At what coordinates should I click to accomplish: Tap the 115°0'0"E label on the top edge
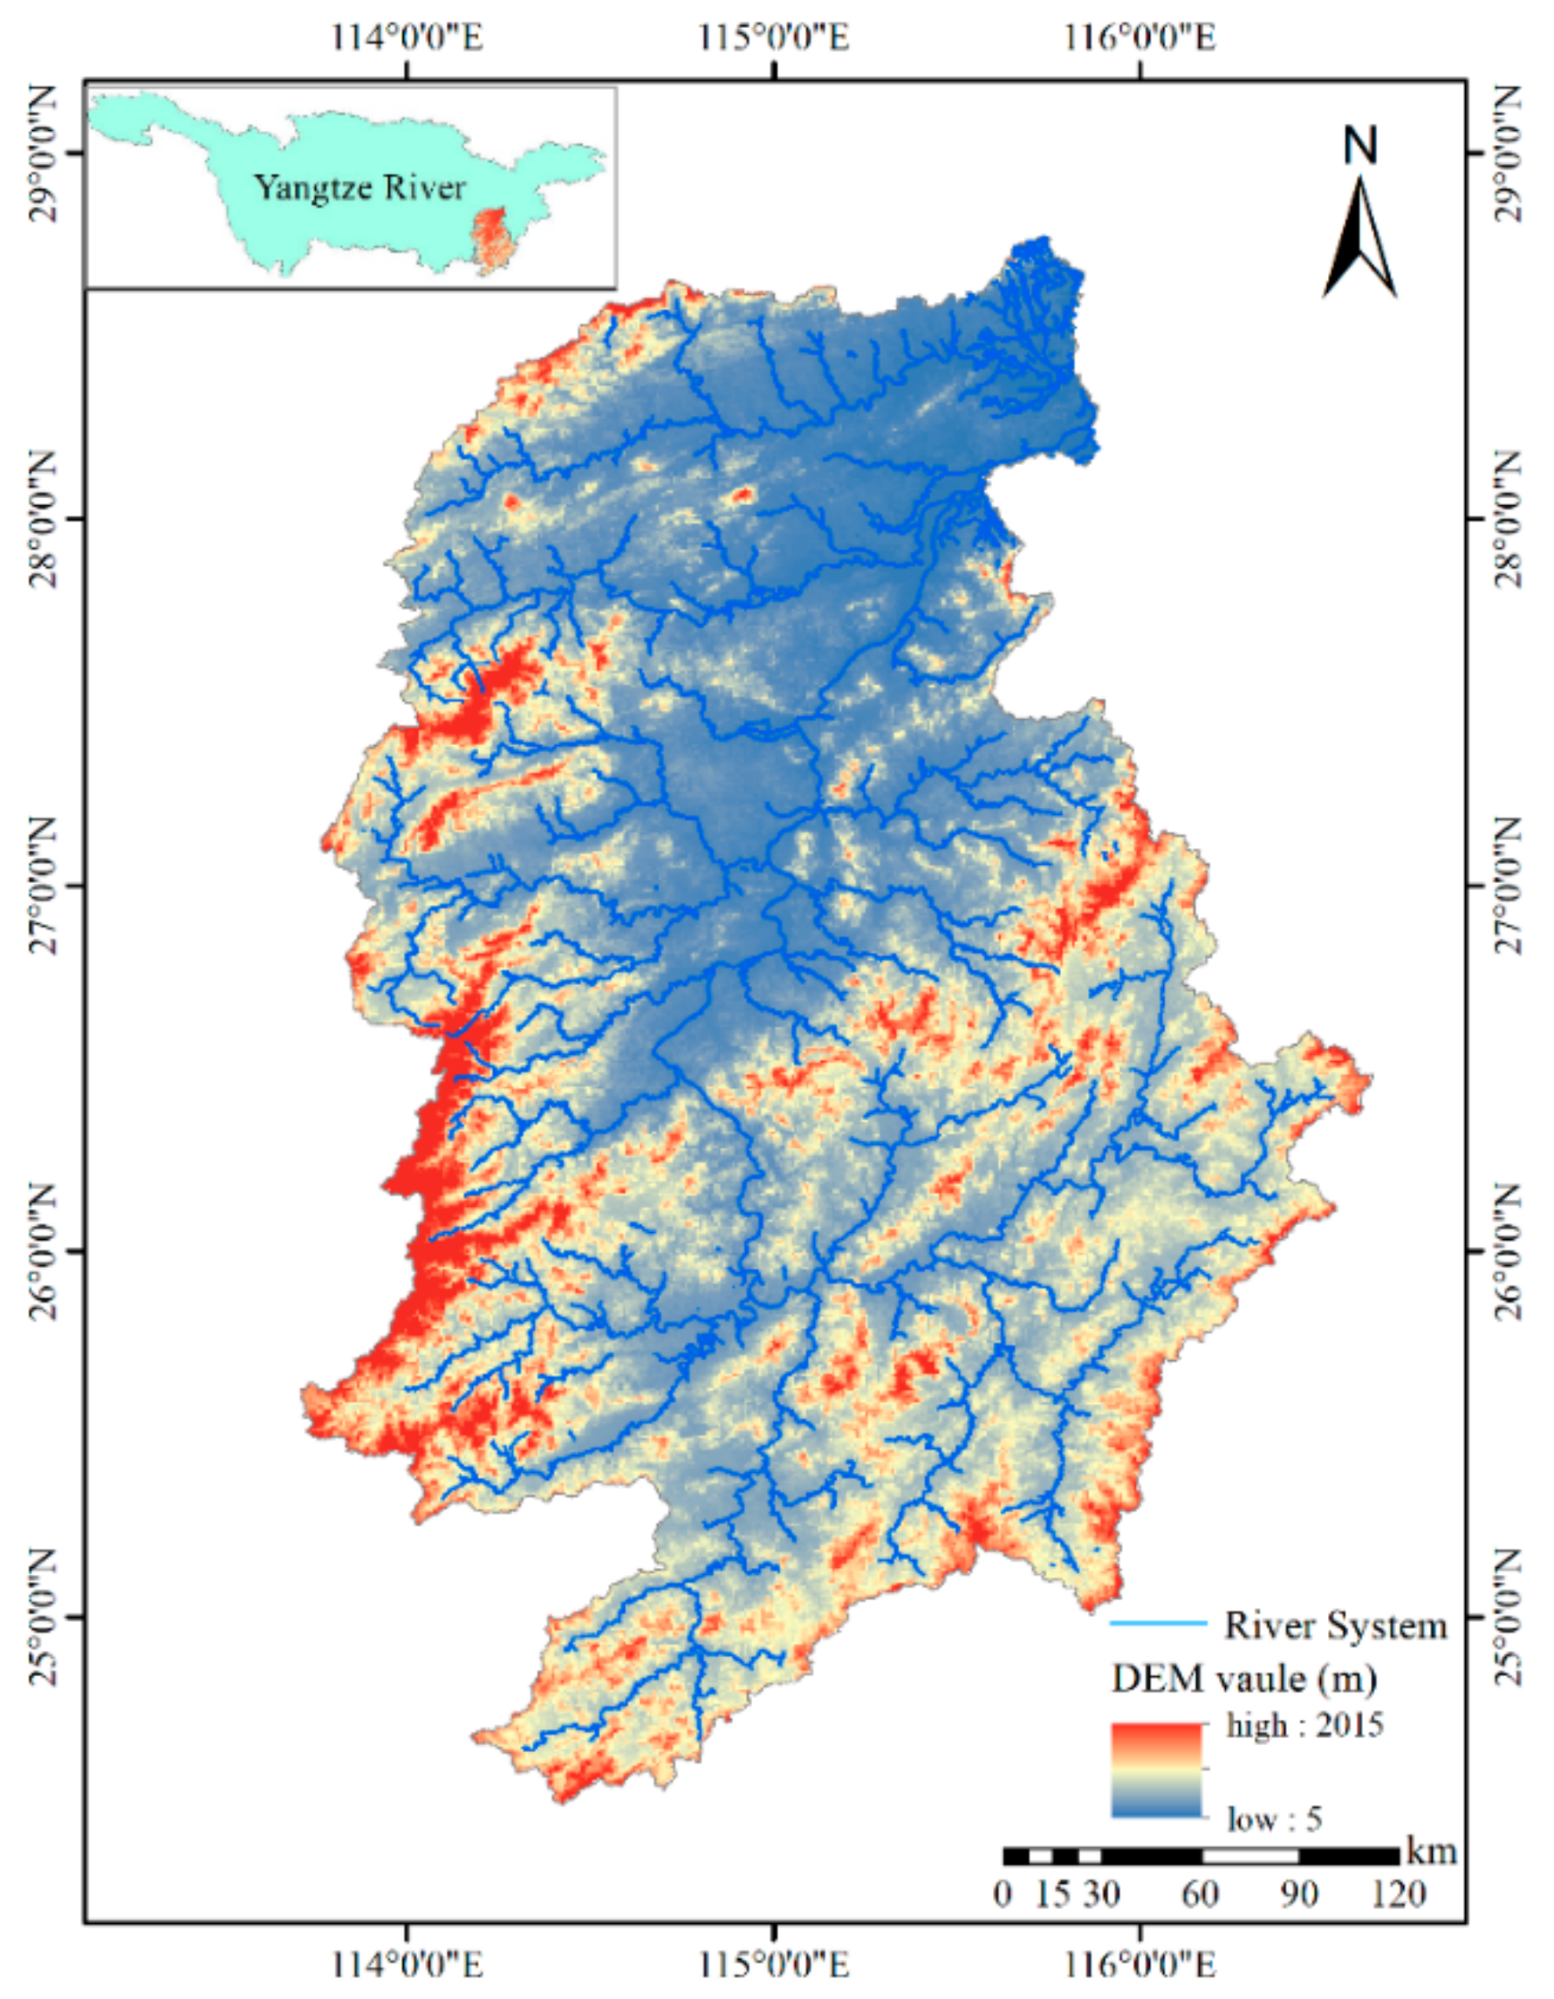[774, 38]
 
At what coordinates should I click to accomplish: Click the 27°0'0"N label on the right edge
[1511, 885]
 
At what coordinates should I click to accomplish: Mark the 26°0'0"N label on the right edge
[1511, 1251]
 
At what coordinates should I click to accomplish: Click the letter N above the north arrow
[1360, 146]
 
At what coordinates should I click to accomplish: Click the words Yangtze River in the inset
[359, 188]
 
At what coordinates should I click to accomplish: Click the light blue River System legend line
[1159, 1624]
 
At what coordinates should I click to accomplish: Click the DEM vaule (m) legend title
[1243, 1679]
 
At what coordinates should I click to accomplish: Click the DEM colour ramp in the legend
[1156, 1770]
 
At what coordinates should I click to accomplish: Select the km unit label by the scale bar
[1431, 1852]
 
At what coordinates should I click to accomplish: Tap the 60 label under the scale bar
[1200, 1893]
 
